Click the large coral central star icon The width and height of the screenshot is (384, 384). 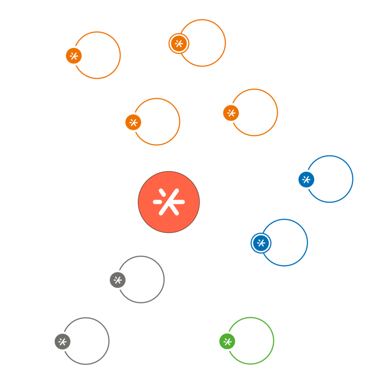coord(169,202)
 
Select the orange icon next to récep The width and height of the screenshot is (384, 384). coord(73,56)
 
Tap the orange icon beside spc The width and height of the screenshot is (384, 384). coord(178,43)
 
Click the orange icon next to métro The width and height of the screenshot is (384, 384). coord(231,113)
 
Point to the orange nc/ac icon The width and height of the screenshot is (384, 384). coord(133,122)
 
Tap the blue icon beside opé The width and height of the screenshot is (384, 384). coord(306,180)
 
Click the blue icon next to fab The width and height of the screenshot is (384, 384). coord(261,243)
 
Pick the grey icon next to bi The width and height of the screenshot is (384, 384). coord(63,342)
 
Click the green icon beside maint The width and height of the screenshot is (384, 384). coord(227,341)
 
